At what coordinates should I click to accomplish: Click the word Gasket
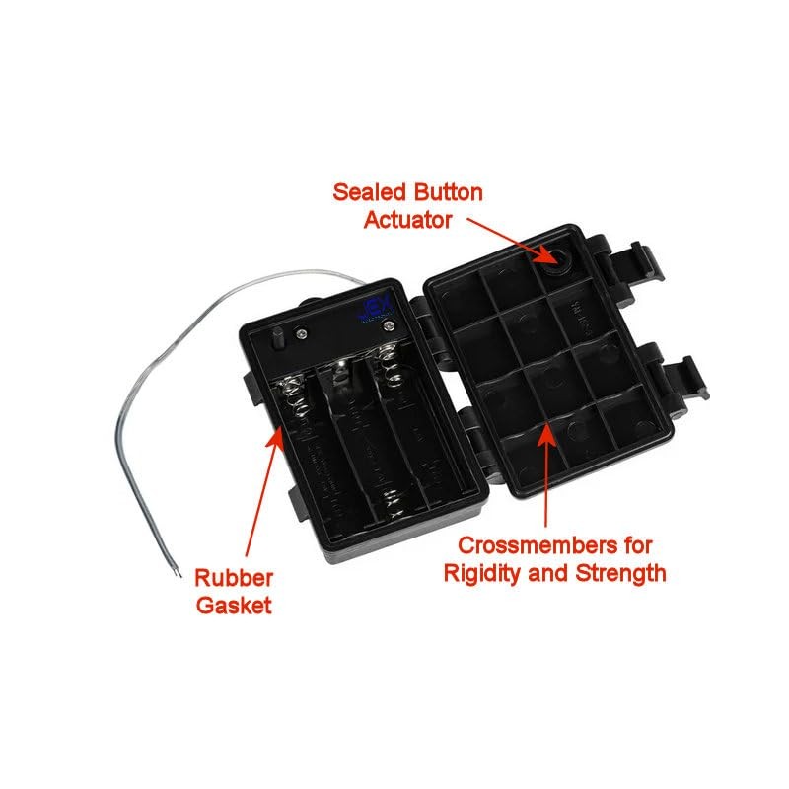tap(233, 606)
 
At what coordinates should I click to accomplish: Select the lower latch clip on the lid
tap(681, 380)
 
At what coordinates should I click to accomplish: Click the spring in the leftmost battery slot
tap(289, 394)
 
